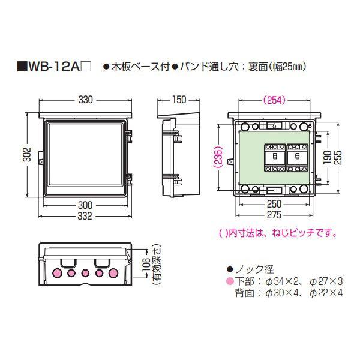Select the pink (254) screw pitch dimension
(x=273, y=100)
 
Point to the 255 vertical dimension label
(x=340, y=156)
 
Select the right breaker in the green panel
(x=297, y=158)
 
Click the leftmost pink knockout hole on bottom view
(x=59, y=273)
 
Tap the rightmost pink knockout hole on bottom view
(x=112, y=273)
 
